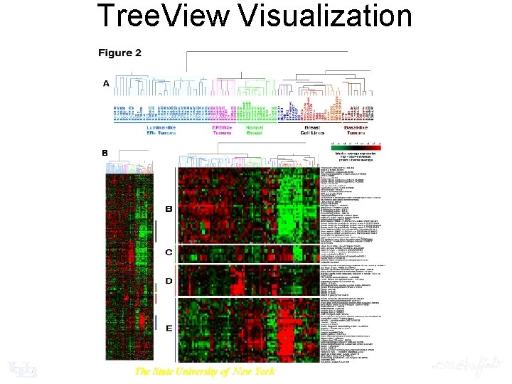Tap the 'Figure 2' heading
119,53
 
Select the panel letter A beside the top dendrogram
106,84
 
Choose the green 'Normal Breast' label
254,130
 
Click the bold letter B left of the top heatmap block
169,209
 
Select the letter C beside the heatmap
169,252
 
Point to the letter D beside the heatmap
169,282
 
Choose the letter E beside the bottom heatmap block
169,328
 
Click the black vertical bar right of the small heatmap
155,230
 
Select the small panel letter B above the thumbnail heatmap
105,153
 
